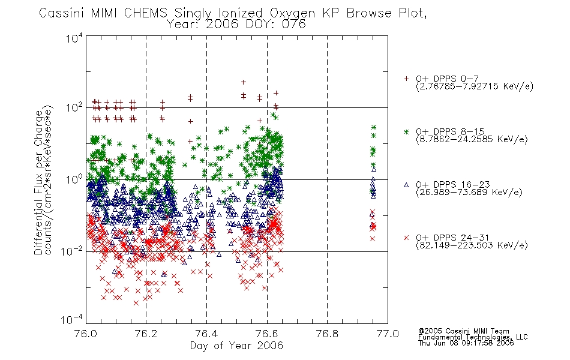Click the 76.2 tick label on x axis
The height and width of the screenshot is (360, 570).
(146, 334)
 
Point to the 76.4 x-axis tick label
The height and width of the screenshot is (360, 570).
(206, 334)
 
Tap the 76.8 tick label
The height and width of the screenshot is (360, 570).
(327, 334)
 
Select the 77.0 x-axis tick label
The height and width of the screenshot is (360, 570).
(388, 334)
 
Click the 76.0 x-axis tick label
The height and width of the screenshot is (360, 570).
(85, 334)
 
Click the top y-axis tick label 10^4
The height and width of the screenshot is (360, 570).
(74, 38)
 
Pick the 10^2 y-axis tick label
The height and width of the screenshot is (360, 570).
(74, 108)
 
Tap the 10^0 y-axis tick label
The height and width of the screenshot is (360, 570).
(74, 180)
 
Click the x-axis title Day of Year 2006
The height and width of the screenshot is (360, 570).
(236, 346)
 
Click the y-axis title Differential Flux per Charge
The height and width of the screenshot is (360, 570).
(38, 182)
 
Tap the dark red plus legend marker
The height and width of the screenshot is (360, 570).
(406, 79)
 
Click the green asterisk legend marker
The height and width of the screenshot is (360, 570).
(406, 131)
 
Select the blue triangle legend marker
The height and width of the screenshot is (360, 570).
(406, 185)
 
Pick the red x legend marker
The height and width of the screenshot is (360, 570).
(406, 238)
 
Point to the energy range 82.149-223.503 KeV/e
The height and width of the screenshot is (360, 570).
(472, 245)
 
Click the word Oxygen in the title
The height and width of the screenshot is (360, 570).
(292, 13)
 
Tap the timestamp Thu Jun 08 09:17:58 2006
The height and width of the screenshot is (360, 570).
(466, 343)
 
